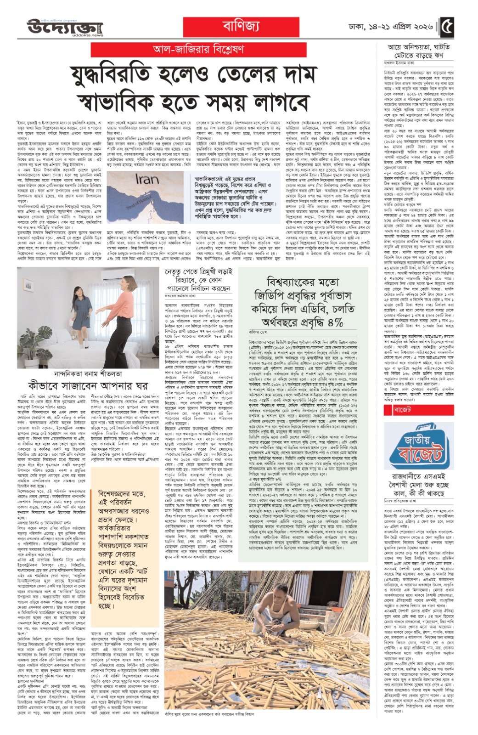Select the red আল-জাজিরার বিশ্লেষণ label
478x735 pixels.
[199, 50]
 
